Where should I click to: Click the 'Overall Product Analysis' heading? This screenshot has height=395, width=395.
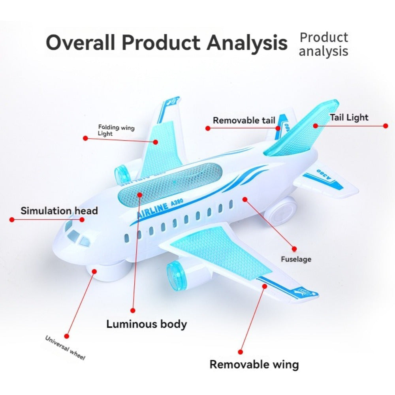166,43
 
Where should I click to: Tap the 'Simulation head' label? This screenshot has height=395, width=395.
59,211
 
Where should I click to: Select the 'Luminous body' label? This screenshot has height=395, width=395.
146,324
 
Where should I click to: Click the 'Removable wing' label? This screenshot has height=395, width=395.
254,364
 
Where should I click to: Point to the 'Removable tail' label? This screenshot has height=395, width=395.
244,120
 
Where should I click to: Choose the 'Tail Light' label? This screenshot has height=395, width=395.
349,117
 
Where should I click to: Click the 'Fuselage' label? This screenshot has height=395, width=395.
296,259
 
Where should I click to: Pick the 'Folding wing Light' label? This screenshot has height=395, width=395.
116,130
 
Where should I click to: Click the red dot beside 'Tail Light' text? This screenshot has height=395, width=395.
386,126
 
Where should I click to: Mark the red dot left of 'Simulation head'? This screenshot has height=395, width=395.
12,219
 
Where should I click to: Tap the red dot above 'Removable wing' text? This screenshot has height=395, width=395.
241,351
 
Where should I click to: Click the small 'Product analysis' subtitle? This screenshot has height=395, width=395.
323,44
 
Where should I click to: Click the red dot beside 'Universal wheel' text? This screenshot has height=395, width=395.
66,336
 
